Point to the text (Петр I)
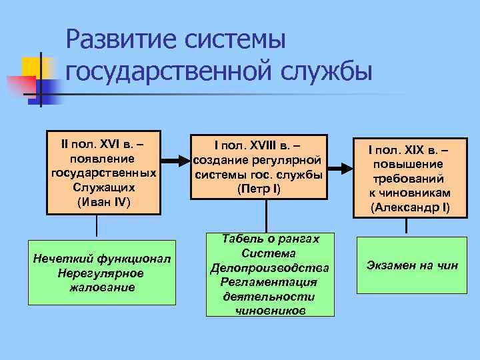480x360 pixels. [x=259, y=189]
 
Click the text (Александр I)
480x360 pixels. [x=410, y=207]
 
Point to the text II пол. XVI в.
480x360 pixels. [x=101, y=145]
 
